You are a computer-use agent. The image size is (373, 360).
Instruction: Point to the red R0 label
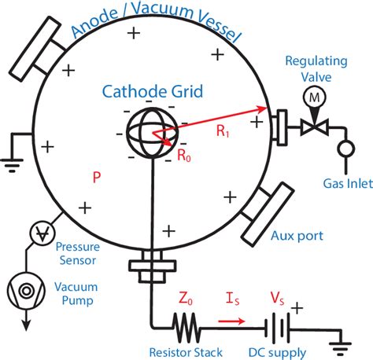pos(183,156)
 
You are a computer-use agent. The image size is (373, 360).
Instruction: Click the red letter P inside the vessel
pos(96,178)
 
